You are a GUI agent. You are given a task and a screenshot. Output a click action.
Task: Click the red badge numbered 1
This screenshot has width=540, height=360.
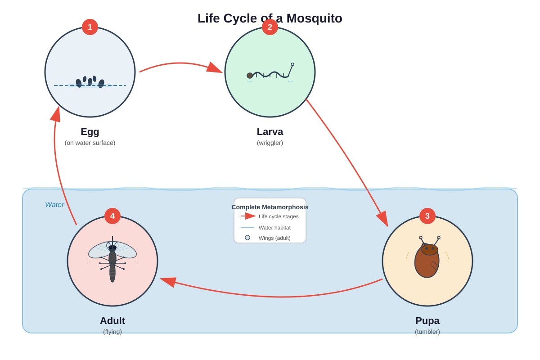[x=90, y=27]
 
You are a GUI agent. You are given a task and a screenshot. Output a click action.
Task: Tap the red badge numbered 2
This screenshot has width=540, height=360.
[x=270, y=27]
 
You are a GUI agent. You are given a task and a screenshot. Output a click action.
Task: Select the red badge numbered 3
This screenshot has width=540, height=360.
[x=427, y=216]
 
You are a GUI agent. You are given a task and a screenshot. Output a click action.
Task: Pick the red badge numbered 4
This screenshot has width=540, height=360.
[x=112, y=216]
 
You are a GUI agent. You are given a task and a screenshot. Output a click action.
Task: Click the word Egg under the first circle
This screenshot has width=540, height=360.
[x=90, y=132]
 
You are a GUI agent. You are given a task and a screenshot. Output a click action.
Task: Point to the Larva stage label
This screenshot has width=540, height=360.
[x=270, y=132]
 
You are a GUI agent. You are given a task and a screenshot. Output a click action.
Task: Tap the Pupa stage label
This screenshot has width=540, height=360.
[x=427, y=321]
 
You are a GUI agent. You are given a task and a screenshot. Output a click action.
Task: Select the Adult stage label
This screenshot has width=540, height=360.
[x=112, y=321]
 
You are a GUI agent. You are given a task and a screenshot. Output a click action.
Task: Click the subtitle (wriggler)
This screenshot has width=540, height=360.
[x=270, y=143]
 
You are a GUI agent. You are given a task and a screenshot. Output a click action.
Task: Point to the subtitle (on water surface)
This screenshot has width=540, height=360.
[x=90, y=143]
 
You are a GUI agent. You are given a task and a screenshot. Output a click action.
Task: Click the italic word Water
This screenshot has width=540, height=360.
[x=54, y=205]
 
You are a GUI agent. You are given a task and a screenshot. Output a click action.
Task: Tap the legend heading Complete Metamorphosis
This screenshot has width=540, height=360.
[x=270, y=207]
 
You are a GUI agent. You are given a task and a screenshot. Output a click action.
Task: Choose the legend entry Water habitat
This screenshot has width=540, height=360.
[x=274, y=228]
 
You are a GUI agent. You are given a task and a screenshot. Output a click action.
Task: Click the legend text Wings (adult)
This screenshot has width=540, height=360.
[x=274, y=238]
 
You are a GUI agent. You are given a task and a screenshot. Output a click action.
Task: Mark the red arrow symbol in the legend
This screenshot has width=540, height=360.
[x=248, y=216]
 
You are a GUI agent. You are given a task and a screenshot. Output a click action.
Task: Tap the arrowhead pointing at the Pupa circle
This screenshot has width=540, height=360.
[x=383, y=219]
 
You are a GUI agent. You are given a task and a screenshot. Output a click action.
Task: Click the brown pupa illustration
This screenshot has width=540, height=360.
[x=427, y=257]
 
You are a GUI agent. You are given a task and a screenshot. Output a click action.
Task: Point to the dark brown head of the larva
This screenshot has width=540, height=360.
[x=250, y=76]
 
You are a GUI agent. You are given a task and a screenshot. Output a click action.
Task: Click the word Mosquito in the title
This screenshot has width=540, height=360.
[x=315, y=18]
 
